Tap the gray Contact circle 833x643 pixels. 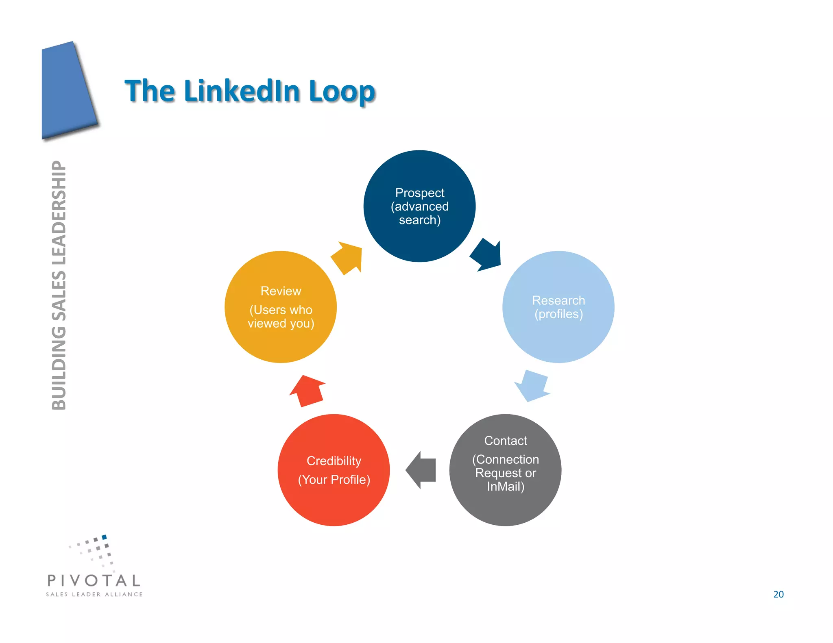[505, 508]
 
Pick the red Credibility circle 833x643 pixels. [334, 504]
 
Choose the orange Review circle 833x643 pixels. [281, 345]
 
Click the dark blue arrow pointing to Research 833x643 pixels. [486, 255]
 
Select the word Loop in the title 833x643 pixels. [342, 91]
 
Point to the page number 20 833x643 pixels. [778, 594]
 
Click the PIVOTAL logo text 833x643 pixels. [94, 580]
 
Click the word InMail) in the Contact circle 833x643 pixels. [506, 487]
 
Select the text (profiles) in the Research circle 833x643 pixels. [558, 314]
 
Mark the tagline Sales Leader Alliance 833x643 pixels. [94, 594]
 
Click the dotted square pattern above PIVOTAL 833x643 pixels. [96, 551]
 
